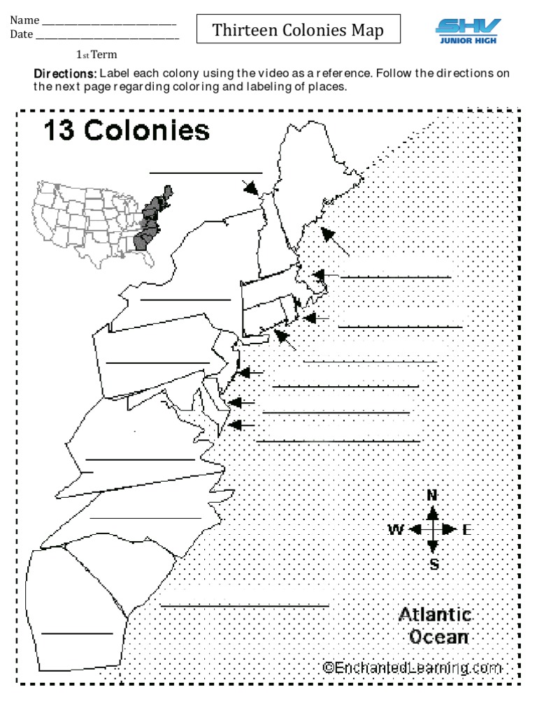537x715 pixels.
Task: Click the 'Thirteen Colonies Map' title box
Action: tap(299, 30)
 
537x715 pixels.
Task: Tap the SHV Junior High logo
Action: tap(468, 30)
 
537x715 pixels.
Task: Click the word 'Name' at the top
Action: tap(24, 20)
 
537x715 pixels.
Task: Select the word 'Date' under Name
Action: tap(22, 34)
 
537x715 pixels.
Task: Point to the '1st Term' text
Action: tap(96, 54)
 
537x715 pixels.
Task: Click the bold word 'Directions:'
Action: tap(66, 73)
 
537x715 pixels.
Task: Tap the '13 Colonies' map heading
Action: tap(127, 130)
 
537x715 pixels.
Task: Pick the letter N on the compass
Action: tap(432, 495)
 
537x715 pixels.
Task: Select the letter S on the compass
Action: tap(434, 564)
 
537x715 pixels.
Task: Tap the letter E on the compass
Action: tap(467, 530)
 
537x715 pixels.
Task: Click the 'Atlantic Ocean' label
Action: tap(435, 626)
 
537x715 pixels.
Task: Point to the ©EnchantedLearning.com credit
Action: tap(413, 668)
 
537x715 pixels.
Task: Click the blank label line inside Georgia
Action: tap(77, 633)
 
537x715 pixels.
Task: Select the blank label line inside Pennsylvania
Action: tap(157, 362)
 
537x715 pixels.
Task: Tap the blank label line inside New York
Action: tap(185, 300)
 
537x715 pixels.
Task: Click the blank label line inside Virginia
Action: tap(140, 459)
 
